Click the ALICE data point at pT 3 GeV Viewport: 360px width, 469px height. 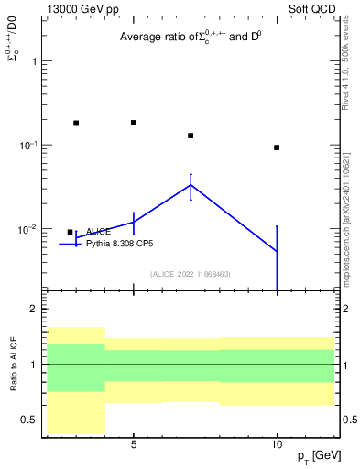point(76,123)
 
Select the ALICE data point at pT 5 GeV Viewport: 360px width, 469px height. point(134,123)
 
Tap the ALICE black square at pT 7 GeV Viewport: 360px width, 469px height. point(191,136)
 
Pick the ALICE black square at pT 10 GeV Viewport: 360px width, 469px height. point(277,147)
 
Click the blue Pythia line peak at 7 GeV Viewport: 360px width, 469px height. point(191,185)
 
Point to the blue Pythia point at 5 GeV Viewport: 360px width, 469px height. point(134,222)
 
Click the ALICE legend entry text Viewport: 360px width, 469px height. point(98,232)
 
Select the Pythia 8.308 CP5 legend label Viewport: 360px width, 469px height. point(120,244)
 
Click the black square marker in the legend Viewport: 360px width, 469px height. point(70,232)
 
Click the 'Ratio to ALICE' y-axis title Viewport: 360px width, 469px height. point(15,365)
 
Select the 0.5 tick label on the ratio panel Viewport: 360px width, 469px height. point(29,420)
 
